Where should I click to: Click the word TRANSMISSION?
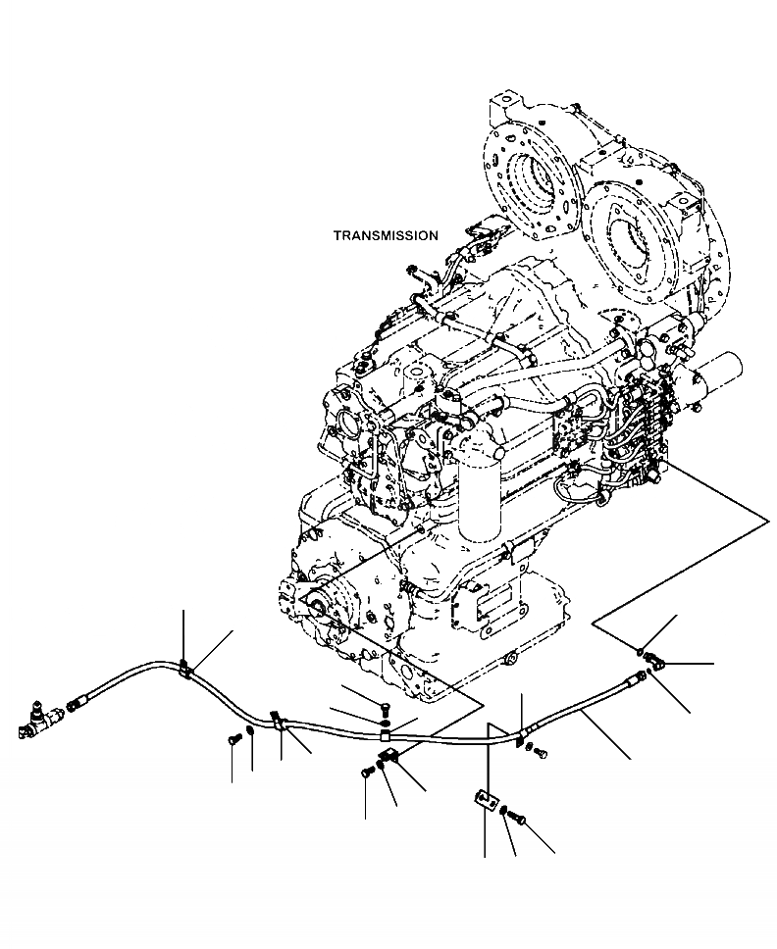pyautogui.click(x=386, y=236)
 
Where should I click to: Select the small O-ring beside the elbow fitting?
pyautogui.click(x=639, y=652)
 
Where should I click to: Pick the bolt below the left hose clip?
pyautogui.click(x=233, y=740)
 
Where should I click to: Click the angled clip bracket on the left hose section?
pyautogui.click(x=278, y=723)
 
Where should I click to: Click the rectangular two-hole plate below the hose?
pyautogui.click(x=484, y=799)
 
